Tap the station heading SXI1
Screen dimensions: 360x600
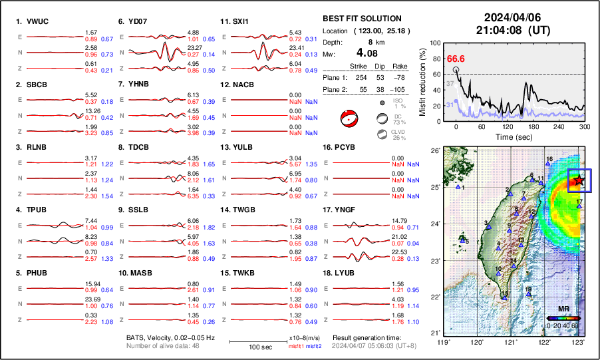240,21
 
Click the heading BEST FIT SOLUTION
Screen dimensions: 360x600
361,19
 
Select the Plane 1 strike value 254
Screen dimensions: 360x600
359,77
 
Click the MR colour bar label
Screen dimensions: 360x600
563,310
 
